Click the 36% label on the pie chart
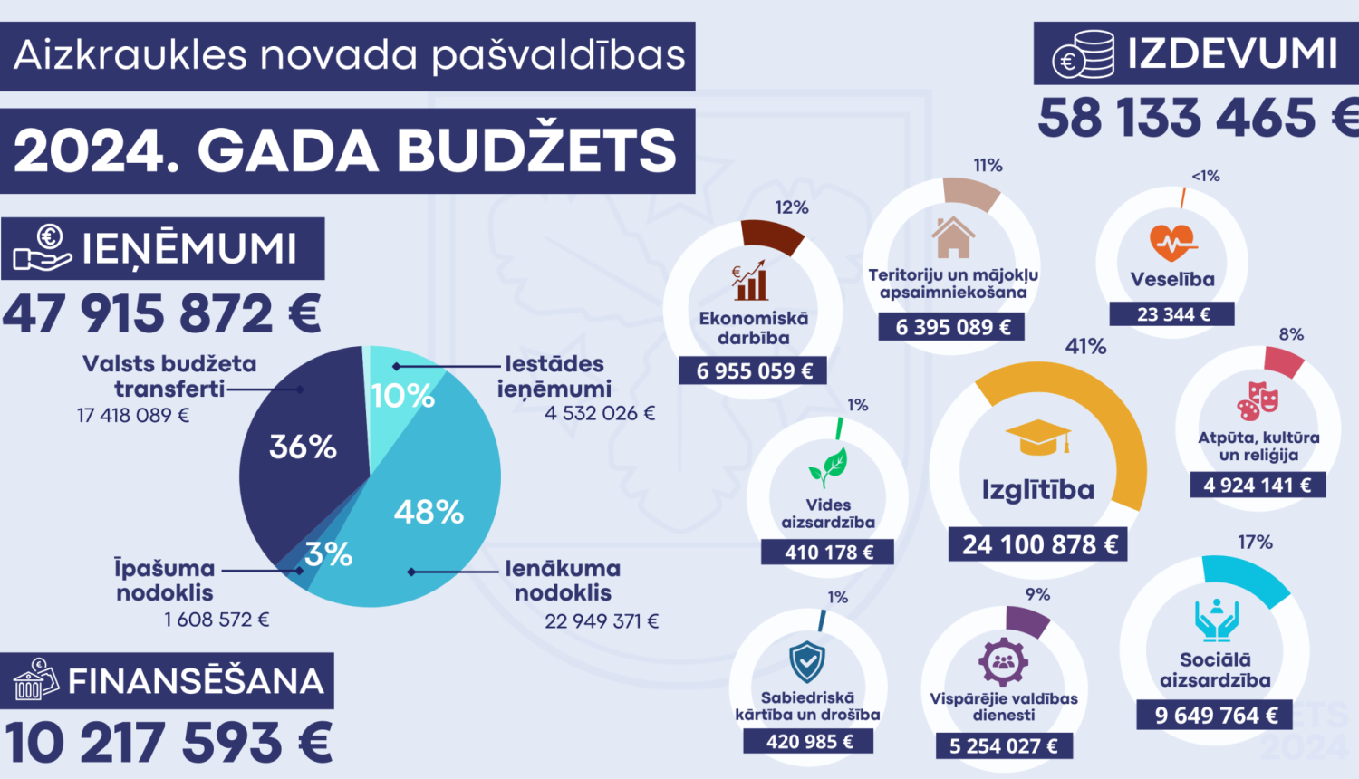click(x=303, y=447)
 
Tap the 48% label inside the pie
click(x=429, y=513)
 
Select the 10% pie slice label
click(x=403, y=396)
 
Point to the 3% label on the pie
click(x=328, y=554)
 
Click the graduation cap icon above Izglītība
click(x=1038, y=437)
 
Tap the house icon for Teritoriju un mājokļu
click(x=952, y=237)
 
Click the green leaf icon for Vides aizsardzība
click(x=828, y=467)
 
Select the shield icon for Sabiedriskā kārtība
click(x=806, y=661)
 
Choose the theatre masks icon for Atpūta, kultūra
click(x=1258, y=401)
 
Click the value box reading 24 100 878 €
click(x=1038, y=544)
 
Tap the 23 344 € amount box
click(x=1173, y=314)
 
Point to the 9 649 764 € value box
click(x=1216, y=716)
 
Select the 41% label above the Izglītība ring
click(x=1085, y=346)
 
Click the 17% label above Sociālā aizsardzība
click(x=1255, y=542)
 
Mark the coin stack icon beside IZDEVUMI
click(x=1084, y=55)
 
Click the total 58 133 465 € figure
click(x=1196, y=118)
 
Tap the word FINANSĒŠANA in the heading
click(x=196, y=681)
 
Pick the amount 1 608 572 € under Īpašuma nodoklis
click(x=217, y=620)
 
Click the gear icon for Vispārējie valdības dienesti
click(x=1003, y=661)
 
